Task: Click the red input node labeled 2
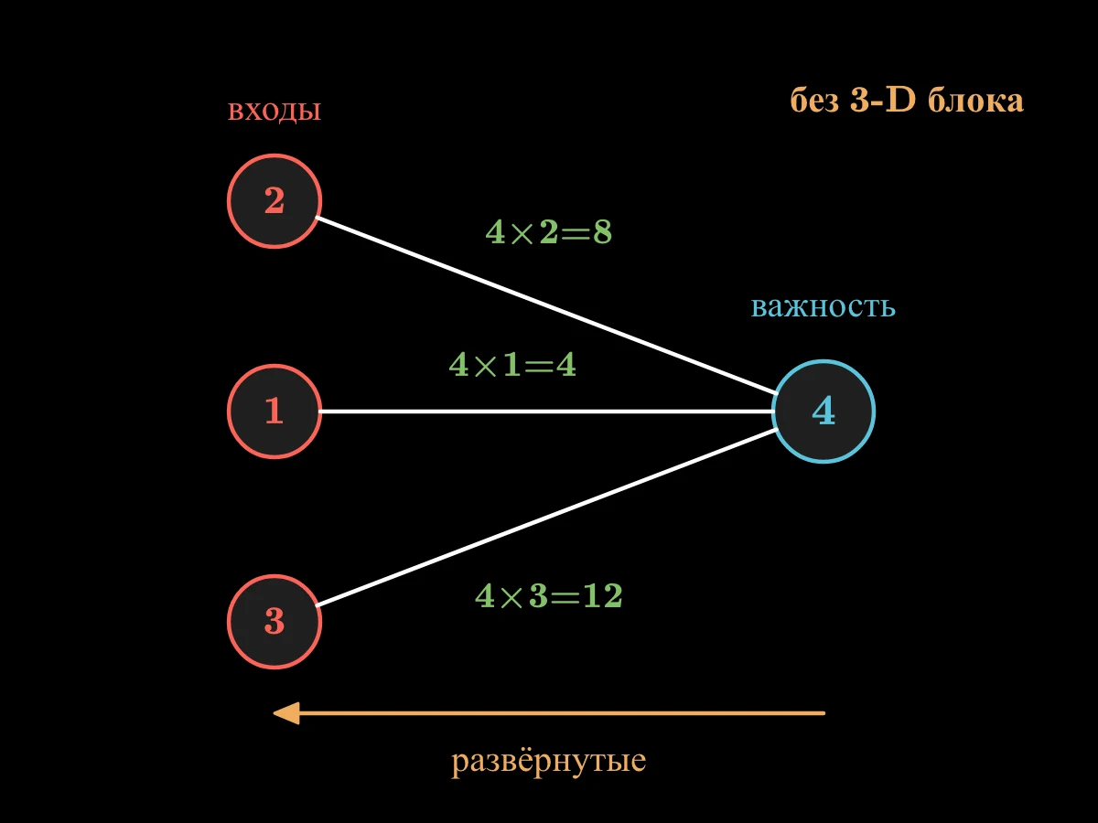[x=274, y=201]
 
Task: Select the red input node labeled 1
[x=274, y=411]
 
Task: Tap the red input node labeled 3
[x=274, y=622]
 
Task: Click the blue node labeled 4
[x=823, y=411]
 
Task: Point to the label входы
[x=274, y=111]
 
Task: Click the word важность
[x=823, y=307]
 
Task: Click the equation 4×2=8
[x=549, y=232]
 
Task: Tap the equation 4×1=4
[x=512, y=364]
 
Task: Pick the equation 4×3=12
[x=549, y=595]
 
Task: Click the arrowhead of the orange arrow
[x=286, y=713]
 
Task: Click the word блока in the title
[x=976, y=101]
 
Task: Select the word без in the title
[x=814, y=101]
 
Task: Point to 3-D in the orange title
[x=883, y=100]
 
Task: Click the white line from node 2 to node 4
[x=546, y=305]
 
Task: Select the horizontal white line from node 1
[x=547, y=411]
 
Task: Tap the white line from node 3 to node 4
[x=546, y=518]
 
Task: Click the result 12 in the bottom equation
[x=603, y=595]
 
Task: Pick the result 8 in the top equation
[x=602, y=232]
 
